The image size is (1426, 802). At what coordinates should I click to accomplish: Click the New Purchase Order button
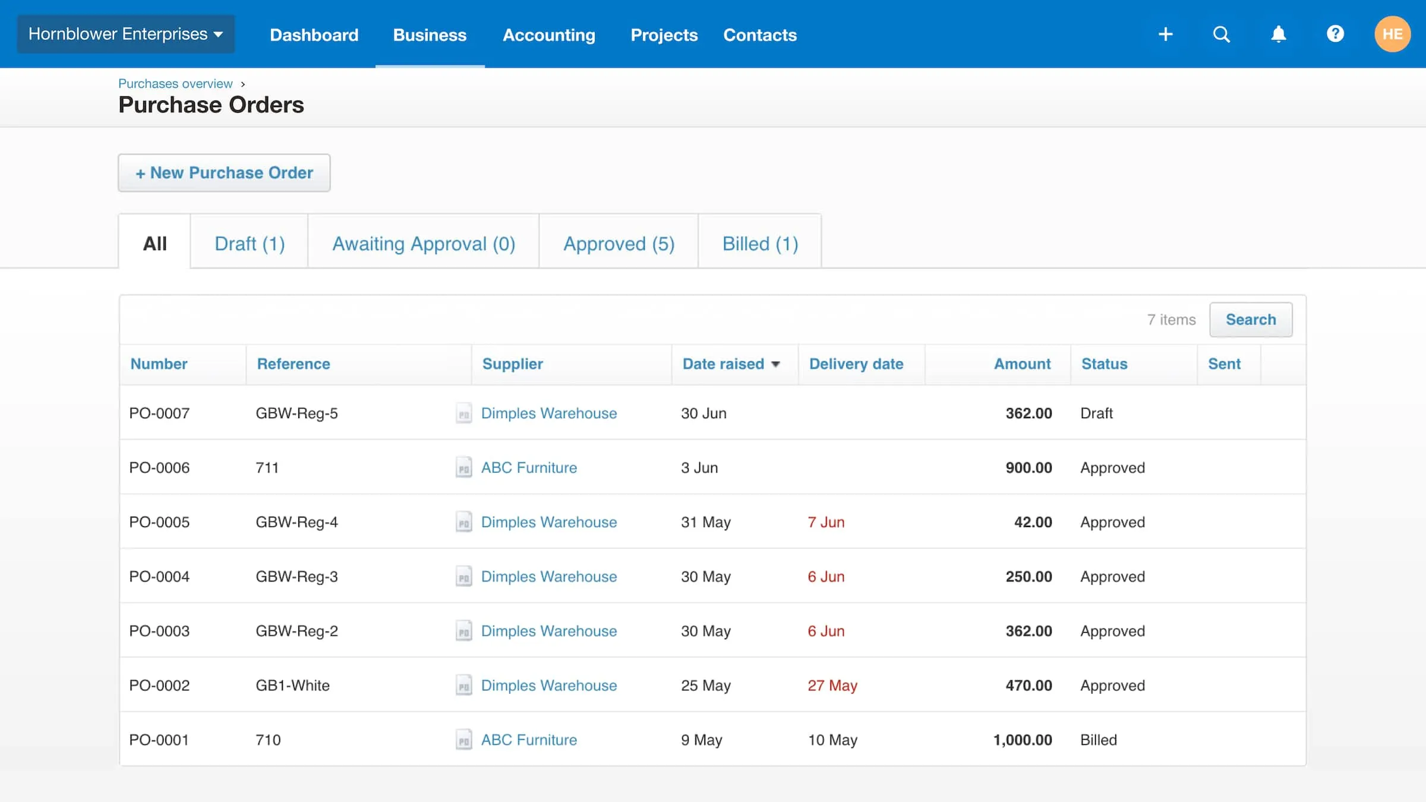click(x=224, y=173)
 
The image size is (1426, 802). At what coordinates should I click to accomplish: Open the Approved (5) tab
click(x=619, y=244)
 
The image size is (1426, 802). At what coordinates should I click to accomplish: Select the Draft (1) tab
click(x=250, y=244)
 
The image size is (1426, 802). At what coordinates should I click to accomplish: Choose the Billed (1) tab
click(x=760, y=244)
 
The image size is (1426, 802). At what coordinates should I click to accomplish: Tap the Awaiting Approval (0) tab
click(x=424, y=244)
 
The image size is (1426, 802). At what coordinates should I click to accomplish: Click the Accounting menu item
click(x=548, y=35)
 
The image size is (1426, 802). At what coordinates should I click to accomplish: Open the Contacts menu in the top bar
click(x=759, y=35)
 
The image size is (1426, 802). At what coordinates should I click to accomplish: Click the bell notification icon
click(x=1278, y=34)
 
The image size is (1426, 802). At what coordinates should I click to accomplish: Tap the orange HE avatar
click(x=1392, y=34)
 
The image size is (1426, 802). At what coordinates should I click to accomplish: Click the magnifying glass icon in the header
click(x=1221, y=34)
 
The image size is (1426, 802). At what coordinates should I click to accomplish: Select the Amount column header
click(x=1022, y=364)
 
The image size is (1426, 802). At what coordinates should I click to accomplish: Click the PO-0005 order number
click(x=159, y=522)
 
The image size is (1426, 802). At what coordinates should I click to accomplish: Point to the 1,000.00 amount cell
click(x=1022, y=740)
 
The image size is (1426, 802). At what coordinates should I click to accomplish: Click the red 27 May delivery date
click(x=832, y=686)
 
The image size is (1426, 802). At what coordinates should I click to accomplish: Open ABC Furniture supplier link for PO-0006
click(x=529, y=468)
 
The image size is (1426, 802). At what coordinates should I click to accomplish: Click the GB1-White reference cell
click(x=292, y=686)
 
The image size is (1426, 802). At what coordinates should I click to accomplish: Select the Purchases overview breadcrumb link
click(x=175, y=84)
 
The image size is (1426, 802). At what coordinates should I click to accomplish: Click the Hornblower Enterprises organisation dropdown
click(x=125, y=34)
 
